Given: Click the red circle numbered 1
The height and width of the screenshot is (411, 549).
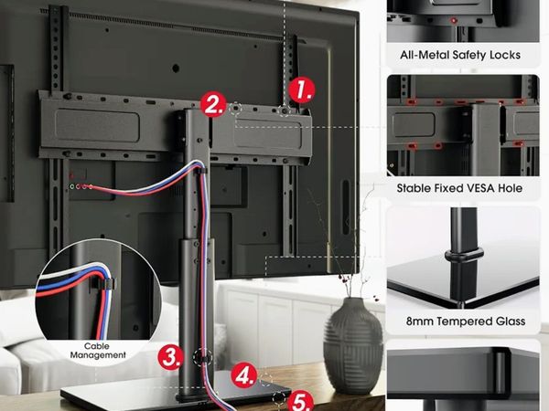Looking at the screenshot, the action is (x=302, y=90).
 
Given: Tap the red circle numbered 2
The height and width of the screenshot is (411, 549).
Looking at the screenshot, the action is (x=213, y=104).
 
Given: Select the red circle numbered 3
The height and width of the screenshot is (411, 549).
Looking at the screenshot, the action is (x=170, y=357).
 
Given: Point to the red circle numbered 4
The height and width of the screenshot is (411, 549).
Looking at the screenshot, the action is (x=244, y=375).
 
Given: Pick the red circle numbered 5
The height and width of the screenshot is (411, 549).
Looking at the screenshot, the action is (x=301, y=402).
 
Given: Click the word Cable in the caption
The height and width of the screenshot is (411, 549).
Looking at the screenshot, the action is (x=97, y=346).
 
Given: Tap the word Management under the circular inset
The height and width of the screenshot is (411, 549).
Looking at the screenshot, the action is (x=98, y=355).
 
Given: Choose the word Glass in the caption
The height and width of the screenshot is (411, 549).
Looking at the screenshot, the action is (x=511, y=321).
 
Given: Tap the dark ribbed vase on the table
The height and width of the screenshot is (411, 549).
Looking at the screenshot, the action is (x=352, y=345).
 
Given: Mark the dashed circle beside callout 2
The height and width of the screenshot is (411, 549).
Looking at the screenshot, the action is (x=236, y=109).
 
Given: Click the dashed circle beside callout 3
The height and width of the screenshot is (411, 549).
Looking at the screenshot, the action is (x=202, y=357).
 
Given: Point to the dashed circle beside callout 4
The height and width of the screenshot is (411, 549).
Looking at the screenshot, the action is (x=265, y=380).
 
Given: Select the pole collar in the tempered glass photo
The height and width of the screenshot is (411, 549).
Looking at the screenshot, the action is (x=464, y=255).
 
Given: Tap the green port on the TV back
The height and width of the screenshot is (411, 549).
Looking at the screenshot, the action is (x=71, y=186).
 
